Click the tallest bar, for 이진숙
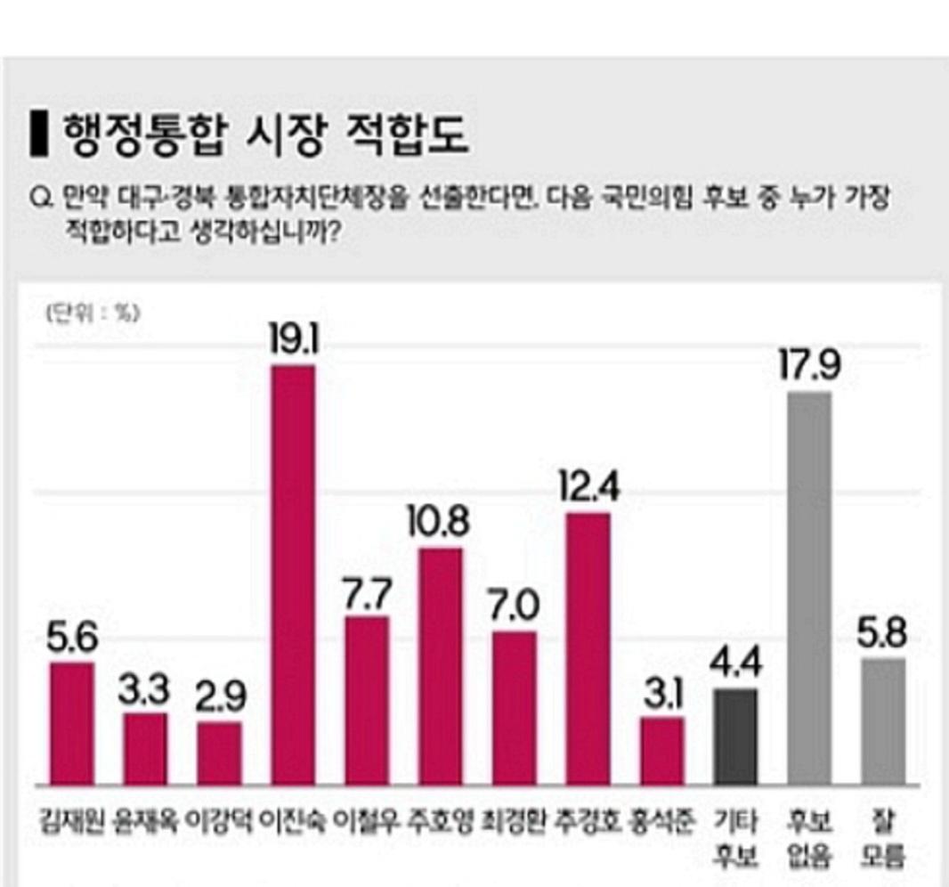click(x=293, y=575)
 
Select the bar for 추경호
click(x=588, y=649)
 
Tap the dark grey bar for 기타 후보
click(x=735, y=736)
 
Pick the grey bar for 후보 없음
click(x=809, y=589)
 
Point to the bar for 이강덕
click(x=219, y=753)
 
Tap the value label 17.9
click(x=809, y=364)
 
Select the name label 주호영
click(x=440, y=818)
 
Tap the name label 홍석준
click(x=661, y=818)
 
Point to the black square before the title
click(x=36, y=134)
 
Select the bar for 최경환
click(x=514, y=709)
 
